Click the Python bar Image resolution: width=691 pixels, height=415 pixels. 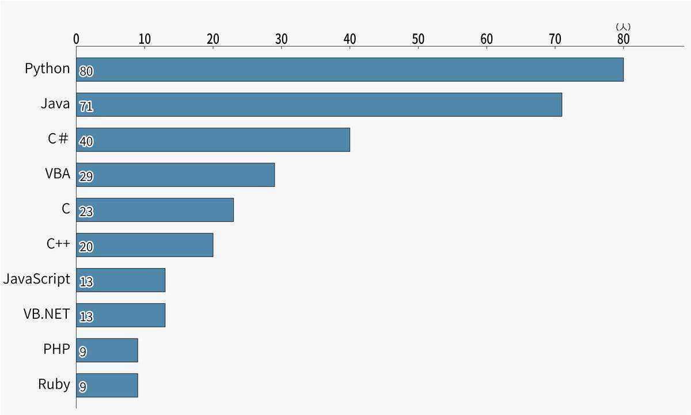click(x=350, y=69)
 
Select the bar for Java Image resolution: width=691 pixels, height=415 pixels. click(x=319, y=104)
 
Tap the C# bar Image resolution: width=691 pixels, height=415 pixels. click(x=213, y=139)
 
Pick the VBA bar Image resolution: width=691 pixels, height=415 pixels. click(x=175, y=175)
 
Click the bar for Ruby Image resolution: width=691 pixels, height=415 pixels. click(x=107, y=385)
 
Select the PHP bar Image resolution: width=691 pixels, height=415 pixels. click(x=107, y=350)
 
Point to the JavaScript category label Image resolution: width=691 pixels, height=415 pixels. click(x=37, y=279)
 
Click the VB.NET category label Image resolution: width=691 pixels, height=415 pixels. click(x=47, y=314)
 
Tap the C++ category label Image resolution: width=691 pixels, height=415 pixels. click(x=58, y=244)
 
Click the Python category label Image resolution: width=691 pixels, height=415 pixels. click(x=47, y=69)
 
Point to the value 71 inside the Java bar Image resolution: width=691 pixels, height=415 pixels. click(x=86, y=107)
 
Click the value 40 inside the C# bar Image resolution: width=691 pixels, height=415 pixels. click(x=86, y=142)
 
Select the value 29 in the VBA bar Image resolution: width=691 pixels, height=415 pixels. click(x=86, y=177)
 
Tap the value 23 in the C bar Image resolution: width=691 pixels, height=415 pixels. click(x=86, y=212)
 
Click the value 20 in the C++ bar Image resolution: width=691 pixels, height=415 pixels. click(x=86, y=247)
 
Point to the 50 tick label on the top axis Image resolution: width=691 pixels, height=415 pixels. click(x=418, y=39)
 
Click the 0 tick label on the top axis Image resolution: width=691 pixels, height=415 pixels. click(x=77, y=39)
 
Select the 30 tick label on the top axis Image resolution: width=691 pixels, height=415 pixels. click(x=281, y=39)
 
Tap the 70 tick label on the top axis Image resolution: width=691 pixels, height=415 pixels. click(x=555, y=39)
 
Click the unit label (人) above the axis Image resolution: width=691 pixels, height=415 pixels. click(x=623, y=27)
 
